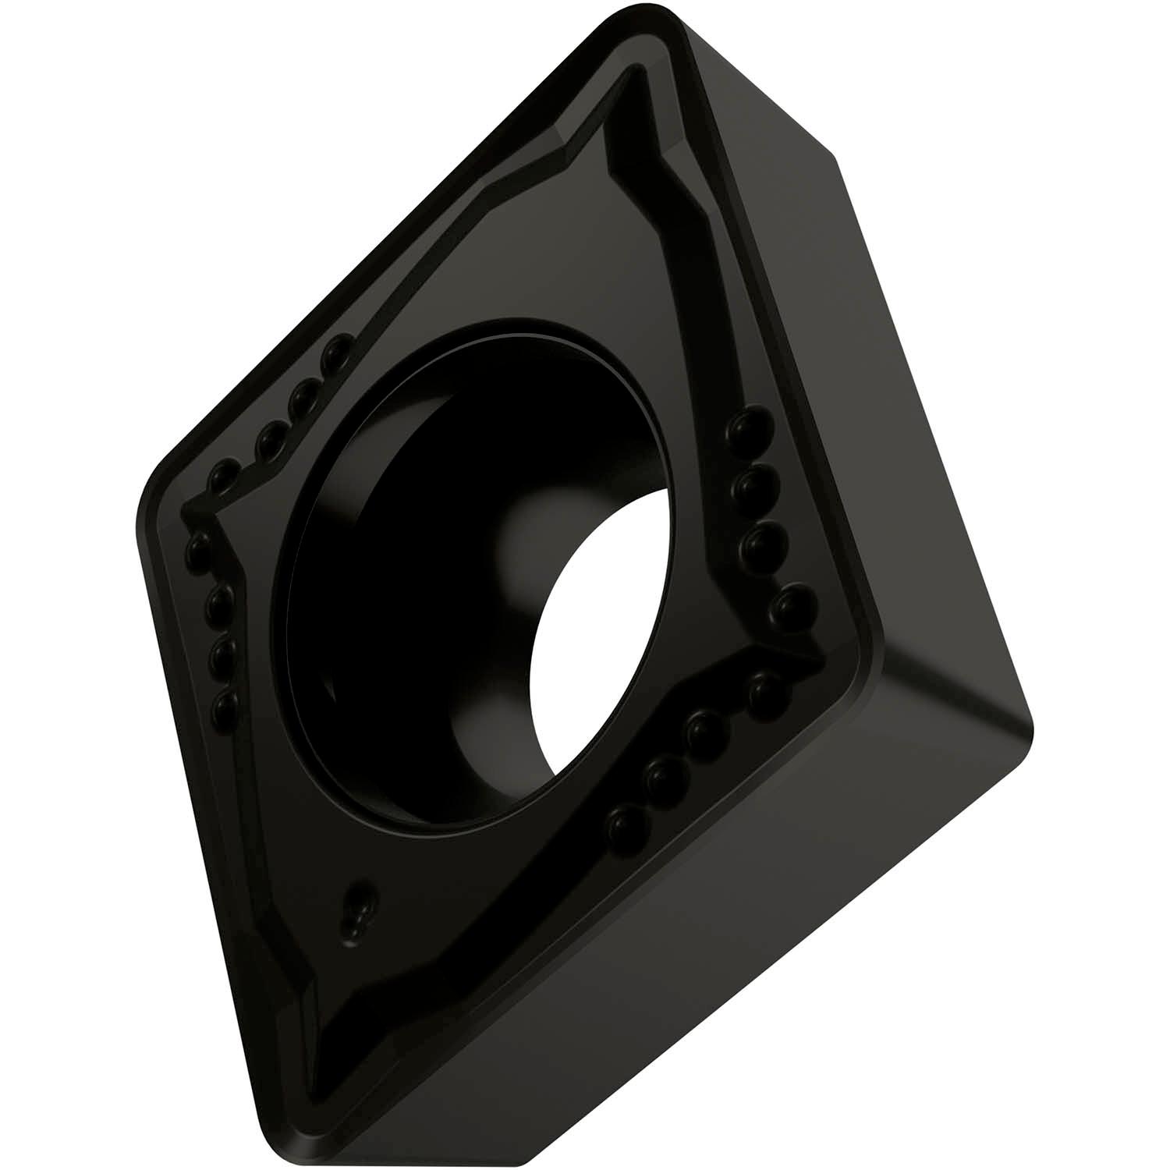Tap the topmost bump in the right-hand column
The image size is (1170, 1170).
[x=753, y=427]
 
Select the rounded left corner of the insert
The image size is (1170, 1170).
[x=144, y=499]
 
